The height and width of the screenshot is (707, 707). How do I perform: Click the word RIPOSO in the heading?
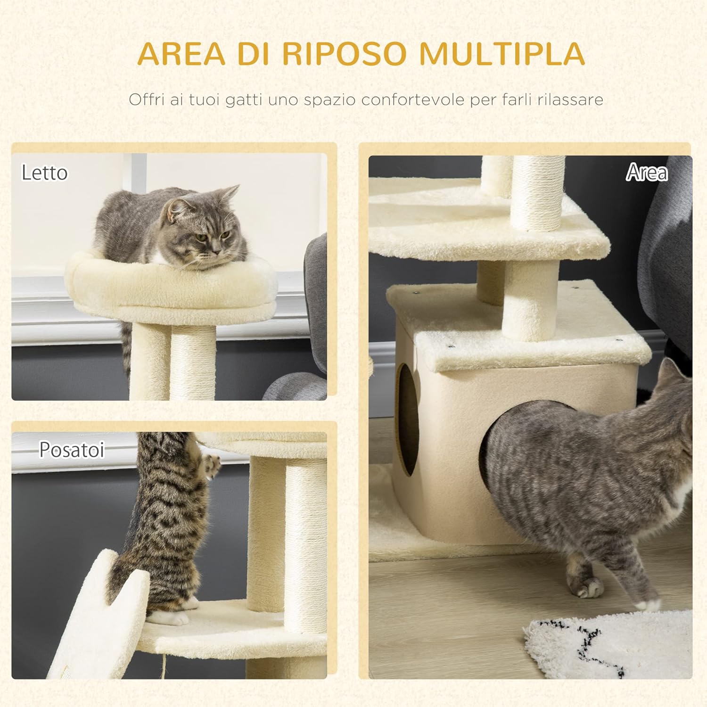(344, 54)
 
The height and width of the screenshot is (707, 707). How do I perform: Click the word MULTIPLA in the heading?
(502, 54)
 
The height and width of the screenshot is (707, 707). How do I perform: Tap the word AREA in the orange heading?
(181, 54)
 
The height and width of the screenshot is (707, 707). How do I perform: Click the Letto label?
(45, 173)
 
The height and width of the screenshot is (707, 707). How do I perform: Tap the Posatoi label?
(72, 450)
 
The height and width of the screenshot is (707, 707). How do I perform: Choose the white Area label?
(647, 173)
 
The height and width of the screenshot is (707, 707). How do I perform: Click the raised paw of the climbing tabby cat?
(211, 464)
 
